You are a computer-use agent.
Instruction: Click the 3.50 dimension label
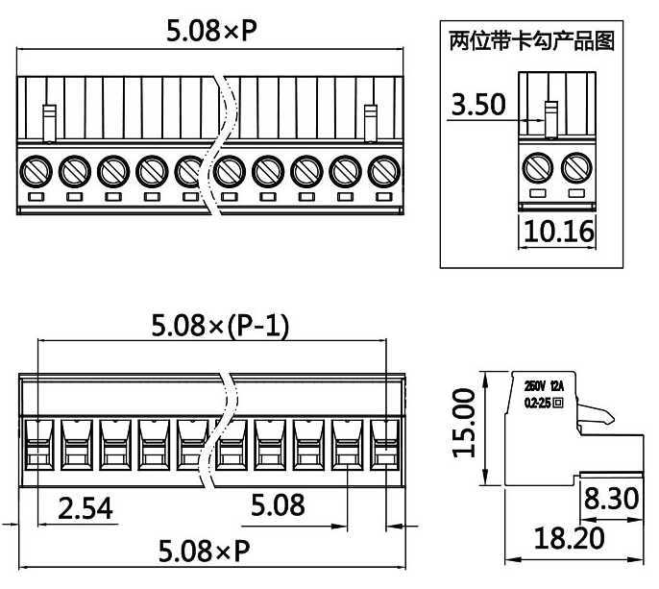coord(478,105)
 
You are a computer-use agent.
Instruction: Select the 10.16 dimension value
coord(557,233)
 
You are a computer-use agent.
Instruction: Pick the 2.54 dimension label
coord(85,507)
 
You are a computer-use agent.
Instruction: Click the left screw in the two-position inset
coord(537,169)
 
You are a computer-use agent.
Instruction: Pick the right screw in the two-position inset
coord(575,169)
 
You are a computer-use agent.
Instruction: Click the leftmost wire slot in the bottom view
coord(36,444)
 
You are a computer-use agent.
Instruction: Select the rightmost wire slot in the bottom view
coord(384,444)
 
